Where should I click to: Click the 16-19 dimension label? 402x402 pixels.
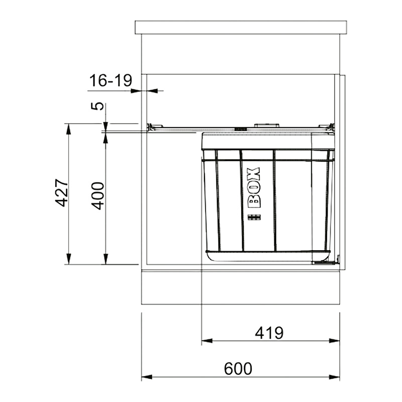coord(111,80)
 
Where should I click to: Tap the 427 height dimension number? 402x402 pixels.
coord(62,193)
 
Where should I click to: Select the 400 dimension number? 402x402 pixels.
coord(98,196)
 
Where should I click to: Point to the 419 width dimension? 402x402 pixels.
coord(269,333)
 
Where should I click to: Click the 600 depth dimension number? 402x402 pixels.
coord(238,369)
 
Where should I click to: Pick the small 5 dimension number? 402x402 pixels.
coord(97,106)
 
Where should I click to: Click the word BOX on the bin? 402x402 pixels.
coord(254,187)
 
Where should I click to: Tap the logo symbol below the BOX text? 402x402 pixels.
coord(254,218)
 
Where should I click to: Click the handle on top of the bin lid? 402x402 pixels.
coord(266,125)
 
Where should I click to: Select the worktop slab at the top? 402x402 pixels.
coord(241,27)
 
